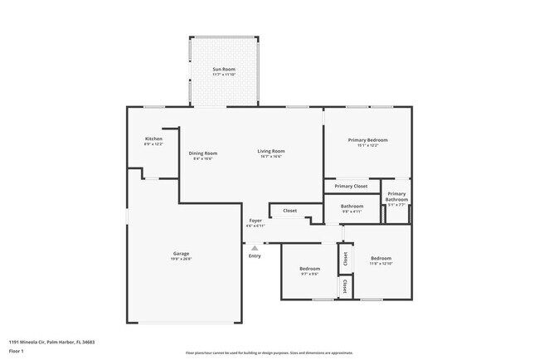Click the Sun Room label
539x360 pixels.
click(223, 68)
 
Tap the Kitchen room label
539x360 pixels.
click(153, 139)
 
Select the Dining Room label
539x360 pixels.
click(203, 153)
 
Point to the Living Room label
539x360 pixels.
click(271, 151)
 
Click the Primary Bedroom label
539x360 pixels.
click(367, 140)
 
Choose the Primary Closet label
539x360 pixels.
click(351, 186)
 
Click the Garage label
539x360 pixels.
click(181, 253)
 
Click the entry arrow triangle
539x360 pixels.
click(255, 246)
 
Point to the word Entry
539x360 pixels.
click(255, 255)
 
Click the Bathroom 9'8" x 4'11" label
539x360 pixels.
click(352, 206)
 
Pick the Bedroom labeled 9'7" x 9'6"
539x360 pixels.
click(309, 269)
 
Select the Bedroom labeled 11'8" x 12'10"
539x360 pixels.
click(381, 258)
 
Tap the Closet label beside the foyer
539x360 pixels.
click(289, 211)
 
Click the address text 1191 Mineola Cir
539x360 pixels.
click(51, 341)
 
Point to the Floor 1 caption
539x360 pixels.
click(18, 351)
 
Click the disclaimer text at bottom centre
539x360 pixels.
click(269, 352)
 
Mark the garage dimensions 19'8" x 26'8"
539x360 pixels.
click(181, 259)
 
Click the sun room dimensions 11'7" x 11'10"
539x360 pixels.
click(223, 74)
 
